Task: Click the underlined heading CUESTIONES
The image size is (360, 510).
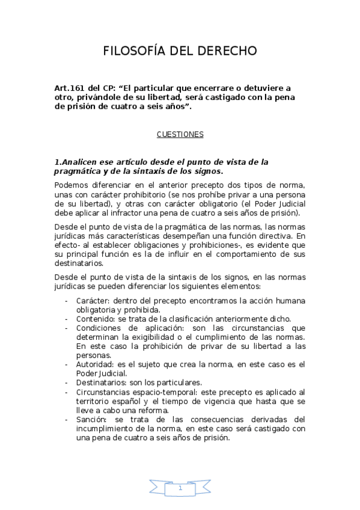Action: tap(180, 135)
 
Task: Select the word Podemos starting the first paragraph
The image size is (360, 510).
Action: tap(71, 185)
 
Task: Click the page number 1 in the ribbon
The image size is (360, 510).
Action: tap(180, 489)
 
